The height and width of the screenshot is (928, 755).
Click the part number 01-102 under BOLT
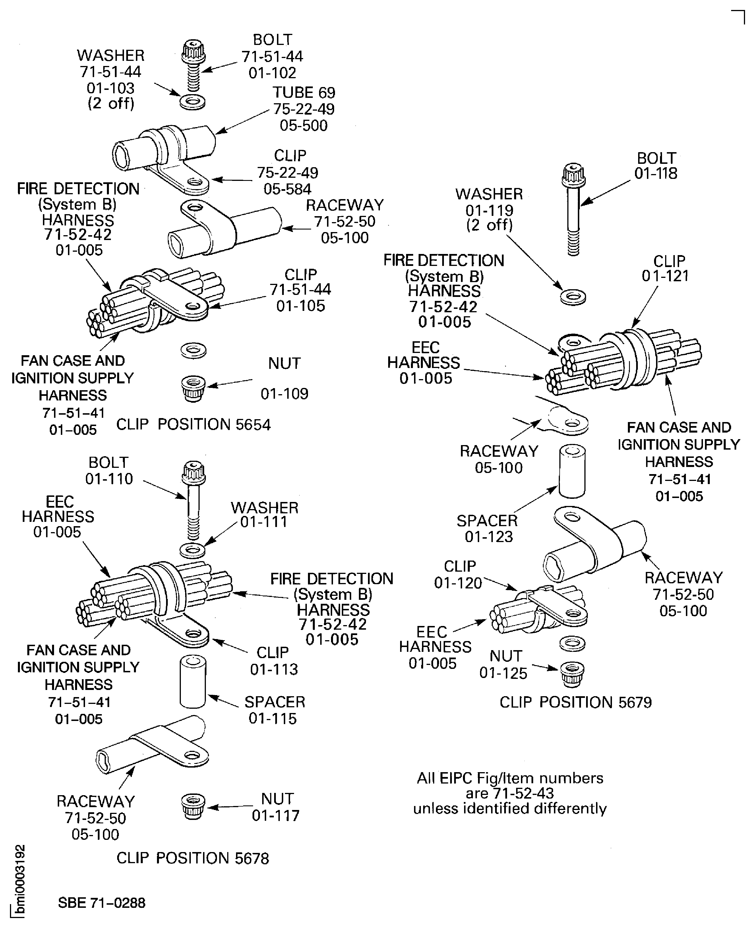272,73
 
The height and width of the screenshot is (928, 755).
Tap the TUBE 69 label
304,93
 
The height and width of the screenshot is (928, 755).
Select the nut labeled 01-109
193,388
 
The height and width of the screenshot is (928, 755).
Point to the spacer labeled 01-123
572,471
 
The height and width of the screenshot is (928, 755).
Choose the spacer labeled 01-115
193,683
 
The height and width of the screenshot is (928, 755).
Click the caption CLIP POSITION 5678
193,858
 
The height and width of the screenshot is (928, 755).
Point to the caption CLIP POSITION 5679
575,702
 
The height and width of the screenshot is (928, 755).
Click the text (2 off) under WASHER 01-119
490,225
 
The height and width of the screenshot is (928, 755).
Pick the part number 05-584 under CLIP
287,189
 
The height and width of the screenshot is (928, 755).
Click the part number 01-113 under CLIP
274,669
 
